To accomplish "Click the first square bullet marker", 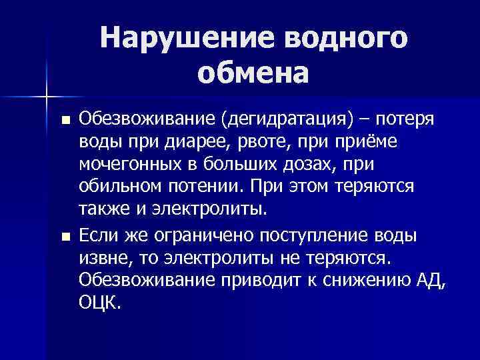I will pyautogui.click(x=65, y=121).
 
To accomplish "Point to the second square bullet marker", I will pyautogui.click(x=65, y=236).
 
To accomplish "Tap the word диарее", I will pyautogui.click(x=179, y=143).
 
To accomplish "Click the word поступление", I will pyautogui.click(x=310, y=235).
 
